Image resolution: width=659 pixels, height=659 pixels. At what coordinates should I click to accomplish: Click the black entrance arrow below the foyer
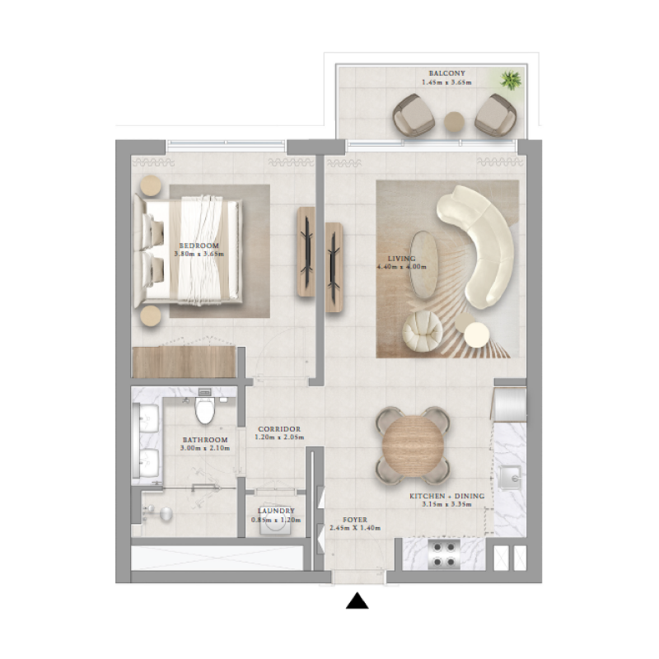click(x=356, y=601)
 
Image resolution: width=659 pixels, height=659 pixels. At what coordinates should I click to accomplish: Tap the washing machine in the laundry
click(x=275, y=529)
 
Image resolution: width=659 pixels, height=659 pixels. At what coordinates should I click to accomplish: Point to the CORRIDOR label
click(x=278, y=429)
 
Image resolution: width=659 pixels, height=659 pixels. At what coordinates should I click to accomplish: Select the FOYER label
click(x=345, y=520)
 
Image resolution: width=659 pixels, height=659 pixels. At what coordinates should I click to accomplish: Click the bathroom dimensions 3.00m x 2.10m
click(x=206, y=450)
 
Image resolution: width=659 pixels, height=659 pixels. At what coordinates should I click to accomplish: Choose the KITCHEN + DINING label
click(x=446, y=497)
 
